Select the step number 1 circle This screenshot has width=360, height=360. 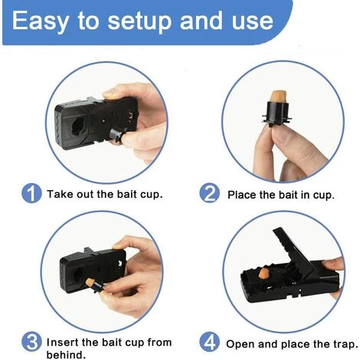(x=31, y=193)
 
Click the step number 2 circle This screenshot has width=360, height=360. (x=209, y=193)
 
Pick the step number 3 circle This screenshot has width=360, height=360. (x=31, y=342)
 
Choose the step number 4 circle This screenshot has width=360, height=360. (x=209, y=342)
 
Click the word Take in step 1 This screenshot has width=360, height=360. (x=57, y=194)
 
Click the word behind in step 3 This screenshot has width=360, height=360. (x=66, y=355)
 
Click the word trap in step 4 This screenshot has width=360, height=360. (x=345, y=344)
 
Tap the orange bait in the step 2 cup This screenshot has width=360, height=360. (x=278, y=97)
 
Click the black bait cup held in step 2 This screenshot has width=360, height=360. (x=277, y=113)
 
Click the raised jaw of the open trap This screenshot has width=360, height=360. (x=293, y=250)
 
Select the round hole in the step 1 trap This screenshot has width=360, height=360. (x=78, y=126)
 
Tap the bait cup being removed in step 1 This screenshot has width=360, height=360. (x=117, y=134)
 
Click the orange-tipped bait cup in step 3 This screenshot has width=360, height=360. (x=94, y=285)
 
